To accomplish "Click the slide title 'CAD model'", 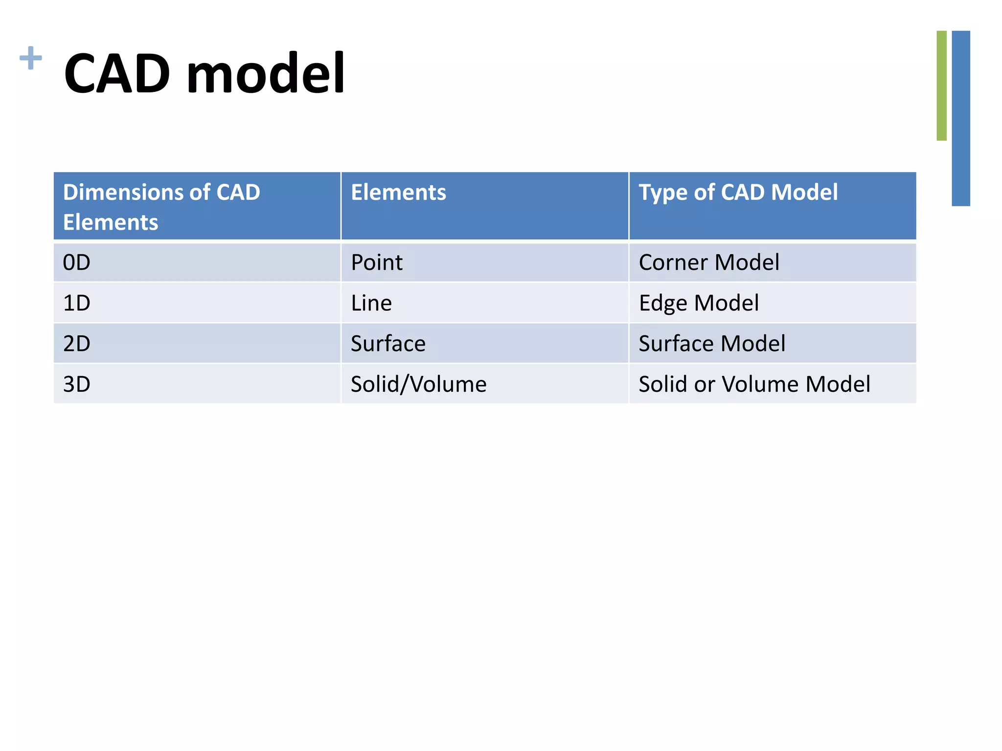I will [205, 73].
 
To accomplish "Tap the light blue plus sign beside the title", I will [31, 58].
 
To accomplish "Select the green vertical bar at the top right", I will [941, 86].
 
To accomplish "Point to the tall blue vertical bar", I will [961, 118].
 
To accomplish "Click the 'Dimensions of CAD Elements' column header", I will [161, 207].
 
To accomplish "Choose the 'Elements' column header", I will [398, 192].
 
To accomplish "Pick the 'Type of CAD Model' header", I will [738, 192].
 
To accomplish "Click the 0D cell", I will [77, 263].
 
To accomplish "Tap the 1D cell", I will [77, 303].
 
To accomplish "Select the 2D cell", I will [77, 344].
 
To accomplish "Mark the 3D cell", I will [77, 384].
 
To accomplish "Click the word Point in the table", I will [376, 263].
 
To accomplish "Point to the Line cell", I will [371, 303].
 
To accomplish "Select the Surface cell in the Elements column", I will [388, 344].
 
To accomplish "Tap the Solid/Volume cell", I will [418, 384].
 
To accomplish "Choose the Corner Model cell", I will [708, 263].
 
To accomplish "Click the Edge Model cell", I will [699, 303].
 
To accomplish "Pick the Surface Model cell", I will [712, 344].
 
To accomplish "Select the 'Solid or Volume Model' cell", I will [754, 384].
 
